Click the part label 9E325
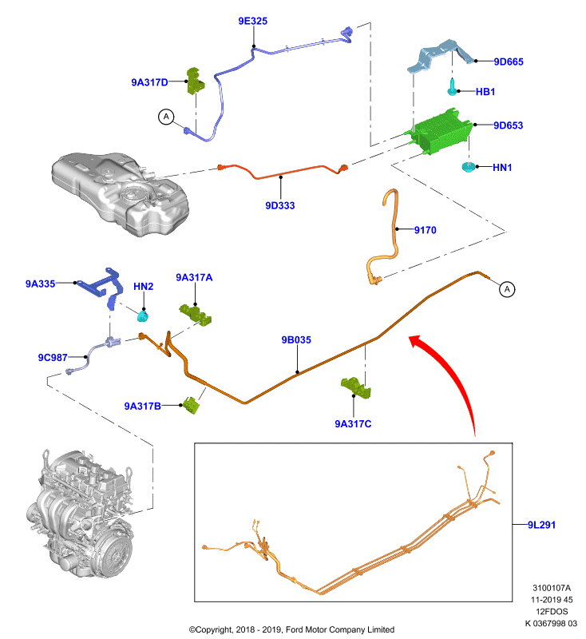(252, 21)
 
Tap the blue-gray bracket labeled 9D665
(441, 56)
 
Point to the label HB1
(485, 92)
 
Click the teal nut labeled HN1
(469, 167)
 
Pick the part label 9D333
(279, 205)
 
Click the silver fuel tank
(120, 192)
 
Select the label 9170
(426, 230)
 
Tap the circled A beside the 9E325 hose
(166, 117)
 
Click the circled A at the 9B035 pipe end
(507, 289)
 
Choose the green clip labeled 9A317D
(195, 81)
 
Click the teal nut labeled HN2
(143, 316)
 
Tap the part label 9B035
(296, 340)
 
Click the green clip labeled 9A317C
(356, 387)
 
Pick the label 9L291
(541, 525)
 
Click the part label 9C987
(53, 357)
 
